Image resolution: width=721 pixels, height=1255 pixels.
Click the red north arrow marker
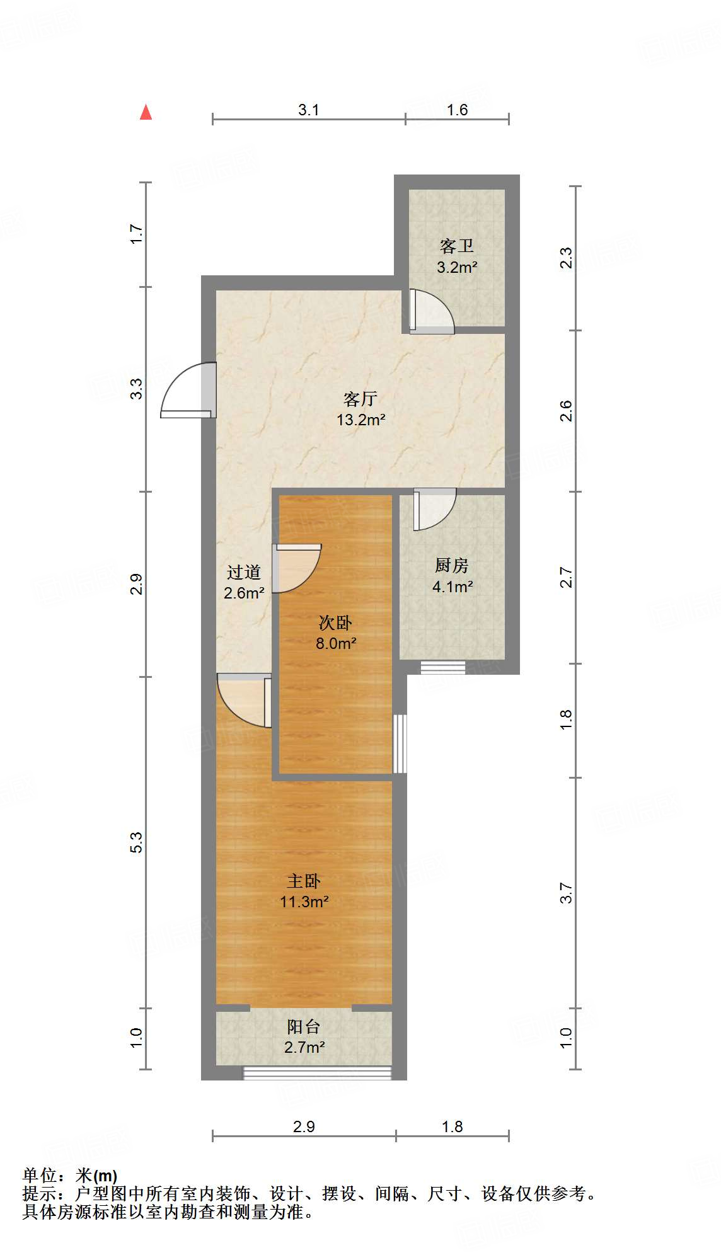point(146,112)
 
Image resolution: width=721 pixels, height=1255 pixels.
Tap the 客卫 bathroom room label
point(456,246)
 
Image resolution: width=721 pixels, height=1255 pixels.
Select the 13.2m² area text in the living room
point(360,420)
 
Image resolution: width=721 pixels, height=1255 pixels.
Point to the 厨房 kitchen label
point(452,565)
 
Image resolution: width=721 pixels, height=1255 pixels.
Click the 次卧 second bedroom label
point(335,622)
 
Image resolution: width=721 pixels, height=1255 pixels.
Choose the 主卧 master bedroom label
point(304,881)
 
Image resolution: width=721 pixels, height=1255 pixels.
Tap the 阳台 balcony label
point(304,1026)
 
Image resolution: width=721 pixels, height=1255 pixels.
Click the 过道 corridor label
point(243,572)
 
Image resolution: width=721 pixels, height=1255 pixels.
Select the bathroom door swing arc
point(434,312)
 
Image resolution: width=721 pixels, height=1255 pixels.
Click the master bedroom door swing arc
point(243,699)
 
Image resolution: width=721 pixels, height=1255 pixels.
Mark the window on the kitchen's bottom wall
point(443,667)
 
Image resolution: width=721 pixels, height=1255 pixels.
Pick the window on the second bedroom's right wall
point(400,743)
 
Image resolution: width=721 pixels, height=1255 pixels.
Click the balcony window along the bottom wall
point(317,1072)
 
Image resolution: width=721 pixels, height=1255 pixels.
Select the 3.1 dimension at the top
point(308,110)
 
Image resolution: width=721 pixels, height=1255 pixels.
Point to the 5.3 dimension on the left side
point(137,842)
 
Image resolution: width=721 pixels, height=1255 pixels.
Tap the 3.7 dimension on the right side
point(565,893)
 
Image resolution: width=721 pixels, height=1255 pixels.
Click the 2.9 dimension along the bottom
point(304,1126)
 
